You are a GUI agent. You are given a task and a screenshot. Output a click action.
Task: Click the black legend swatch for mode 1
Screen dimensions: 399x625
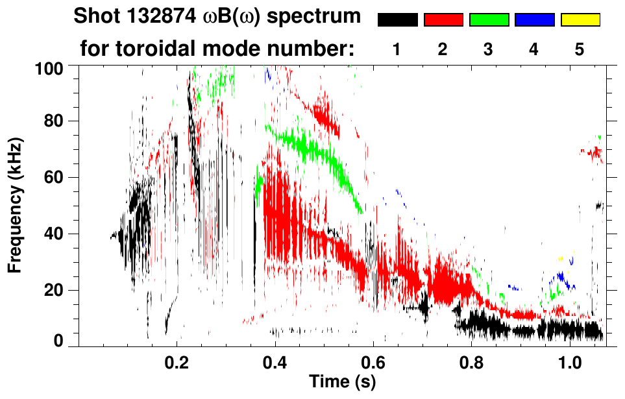click(x=397, y=20)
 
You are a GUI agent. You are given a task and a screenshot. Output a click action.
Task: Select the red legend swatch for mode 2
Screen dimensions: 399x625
click(x=443, y=20)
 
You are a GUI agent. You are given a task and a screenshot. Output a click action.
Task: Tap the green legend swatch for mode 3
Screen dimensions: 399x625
click(x=489, y=20)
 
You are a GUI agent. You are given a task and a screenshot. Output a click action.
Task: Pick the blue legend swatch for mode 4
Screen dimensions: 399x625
click(x=534, y=20)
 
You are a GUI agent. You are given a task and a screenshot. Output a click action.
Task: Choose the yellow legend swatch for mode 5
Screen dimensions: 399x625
click(x=580, y=20)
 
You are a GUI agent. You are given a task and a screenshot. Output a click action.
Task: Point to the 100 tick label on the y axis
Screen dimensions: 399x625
click(x=49, y=67)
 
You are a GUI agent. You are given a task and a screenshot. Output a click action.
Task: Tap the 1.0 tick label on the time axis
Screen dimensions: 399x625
click(x=569, y=361)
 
